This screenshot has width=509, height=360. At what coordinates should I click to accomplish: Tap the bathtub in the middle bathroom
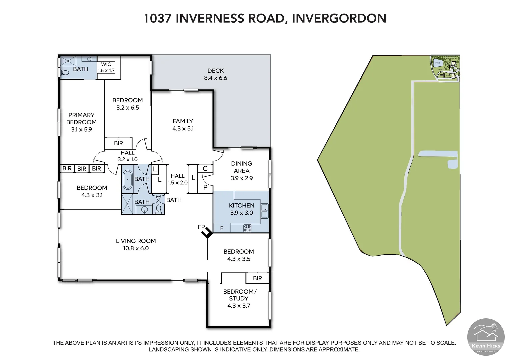[x=127, y=180]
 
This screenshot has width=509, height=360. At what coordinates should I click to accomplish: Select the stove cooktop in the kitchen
[x=247, y=228]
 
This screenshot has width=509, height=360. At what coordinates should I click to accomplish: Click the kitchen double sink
[x=264, y=211]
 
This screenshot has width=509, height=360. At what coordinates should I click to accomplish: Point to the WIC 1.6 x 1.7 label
[x=106, y=67]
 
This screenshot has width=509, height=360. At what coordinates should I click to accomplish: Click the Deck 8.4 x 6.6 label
[x=215, y=74]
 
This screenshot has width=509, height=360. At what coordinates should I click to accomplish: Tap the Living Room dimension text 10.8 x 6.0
[x=136, y=248]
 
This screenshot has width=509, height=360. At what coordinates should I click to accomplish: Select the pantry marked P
[x=205, y=187]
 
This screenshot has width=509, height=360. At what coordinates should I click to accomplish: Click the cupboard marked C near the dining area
[x=205, y=169]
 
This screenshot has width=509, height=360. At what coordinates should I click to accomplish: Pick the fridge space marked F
[x=222, y=228]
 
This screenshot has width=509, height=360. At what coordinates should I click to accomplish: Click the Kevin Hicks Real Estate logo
[x=486, y=337]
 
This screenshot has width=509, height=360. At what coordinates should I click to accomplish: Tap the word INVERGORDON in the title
[x=339, y=18]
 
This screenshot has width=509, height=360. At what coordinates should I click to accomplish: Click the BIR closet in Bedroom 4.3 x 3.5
[x=257, y=278]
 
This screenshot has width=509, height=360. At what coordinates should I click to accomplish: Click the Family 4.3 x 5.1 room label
[x=183, y=125]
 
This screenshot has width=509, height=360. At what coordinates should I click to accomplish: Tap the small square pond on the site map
[x=452, y=164]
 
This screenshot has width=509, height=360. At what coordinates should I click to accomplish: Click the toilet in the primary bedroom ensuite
[x=65, y=72]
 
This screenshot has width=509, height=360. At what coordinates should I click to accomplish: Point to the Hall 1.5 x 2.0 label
[x=177, y=179]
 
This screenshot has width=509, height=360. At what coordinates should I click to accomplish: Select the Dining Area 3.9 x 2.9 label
[x=241, y=171]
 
